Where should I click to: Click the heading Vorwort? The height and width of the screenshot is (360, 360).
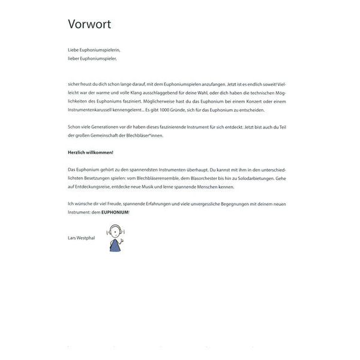coord(89,24)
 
